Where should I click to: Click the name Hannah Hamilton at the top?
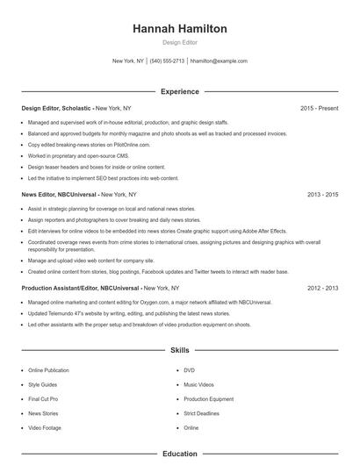coord(179,29)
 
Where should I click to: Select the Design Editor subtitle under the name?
coord(179,43)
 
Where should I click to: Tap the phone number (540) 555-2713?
coord(167,61)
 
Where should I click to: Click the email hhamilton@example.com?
coord(219,61)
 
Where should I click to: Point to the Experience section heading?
coord(179,91)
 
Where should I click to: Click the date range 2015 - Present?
coord(319,108)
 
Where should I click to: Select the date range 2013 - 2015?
coord(322,193)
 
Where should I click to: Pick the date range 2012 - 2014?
coord(322,288)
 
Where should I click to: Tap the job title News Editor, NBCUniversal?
coord(59,193)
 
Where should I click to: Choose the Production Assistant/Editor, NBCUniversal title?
coord(80,288)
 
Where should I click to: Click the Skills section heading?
coord(179,350)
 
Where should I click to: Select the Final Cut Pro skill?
coord(45,399)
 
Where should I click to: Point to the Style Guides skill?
coord(43,384)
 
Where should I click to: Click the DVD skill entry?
coord(189,370)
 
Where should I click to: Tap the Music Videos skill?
coord(198,384)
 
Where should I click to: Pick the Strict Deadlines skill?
coord(201,413)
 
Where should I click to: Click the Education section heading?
coord(179,454)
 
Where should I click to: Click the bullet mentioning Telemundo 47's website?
coord(128,313)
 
